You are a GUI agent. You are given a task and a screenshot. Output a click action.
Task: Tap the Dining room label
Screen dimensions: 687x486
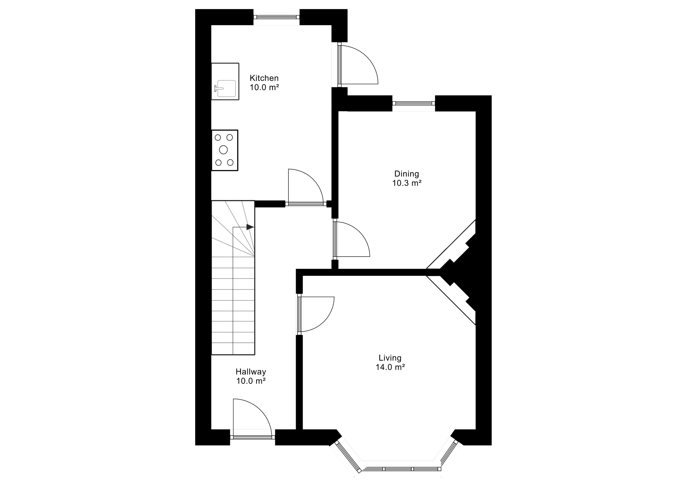point(407,174)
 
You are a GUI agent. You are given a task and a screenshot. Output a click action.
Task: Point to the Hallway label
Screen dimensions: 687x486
point(251,372)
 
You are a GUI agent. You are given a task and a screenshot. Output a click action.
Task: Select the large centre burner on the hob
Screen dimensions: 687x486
point(223,150)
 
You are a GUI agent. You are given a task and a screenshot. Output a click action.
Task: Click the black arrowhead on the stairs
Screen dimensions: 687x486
point(250,227)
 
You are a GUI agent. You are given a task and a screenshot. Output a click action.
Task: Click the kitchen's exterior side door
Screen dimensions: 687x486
point(358,65)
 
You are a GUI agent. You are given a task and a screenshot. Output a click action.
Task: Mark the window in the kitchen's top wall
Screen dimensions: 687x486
point(276,17)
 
